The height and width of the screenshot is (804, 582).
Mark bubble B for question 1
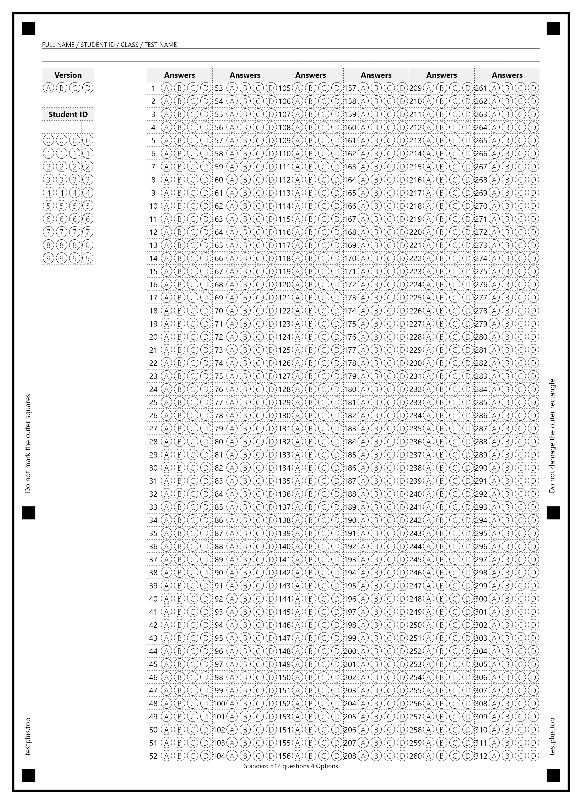(x=179, y=88)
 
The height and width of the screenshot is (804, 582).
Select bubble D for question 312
(x=533, y=756)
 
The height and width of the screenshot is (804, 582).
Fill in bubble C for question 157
(x=389, y=88)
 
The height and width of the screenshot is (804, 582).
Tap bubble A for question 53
(x=232, y=88)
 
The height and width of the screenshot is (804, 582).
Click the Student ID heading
(x=68, y=114)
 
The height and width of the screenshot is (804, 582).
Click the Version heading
(x=68, y=75)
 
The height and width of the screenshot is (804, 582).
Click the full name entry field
(x=291, y=55)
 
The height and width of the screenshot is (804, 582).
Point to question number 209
(x=415, y=88)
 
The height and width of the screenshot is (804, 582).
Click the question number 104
(x=219, y=756)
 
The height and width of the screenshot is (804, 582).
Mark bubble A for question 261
(x=494, y=88)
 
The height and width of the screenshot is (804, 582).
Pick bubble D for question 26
(x=206, y=415)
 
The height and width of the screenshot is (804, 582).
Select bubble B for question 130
(x=310, y=415)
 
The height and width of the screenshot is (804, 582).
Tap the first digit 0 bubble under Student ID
(x=48, y=140)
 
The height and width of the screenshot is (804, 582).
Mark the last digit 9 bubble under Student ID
(x=88, y=258)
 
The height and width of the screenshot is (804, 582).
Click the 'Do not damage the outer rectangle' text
(x=552, y=436)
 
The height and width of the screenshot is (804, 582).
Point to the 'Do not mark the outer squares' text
(x=28, y=443)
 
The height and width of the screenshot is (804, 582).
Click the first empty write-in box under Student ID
(x=48, y=127)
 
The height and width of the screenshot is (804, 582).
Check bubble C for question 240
(x=455, y=494)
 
